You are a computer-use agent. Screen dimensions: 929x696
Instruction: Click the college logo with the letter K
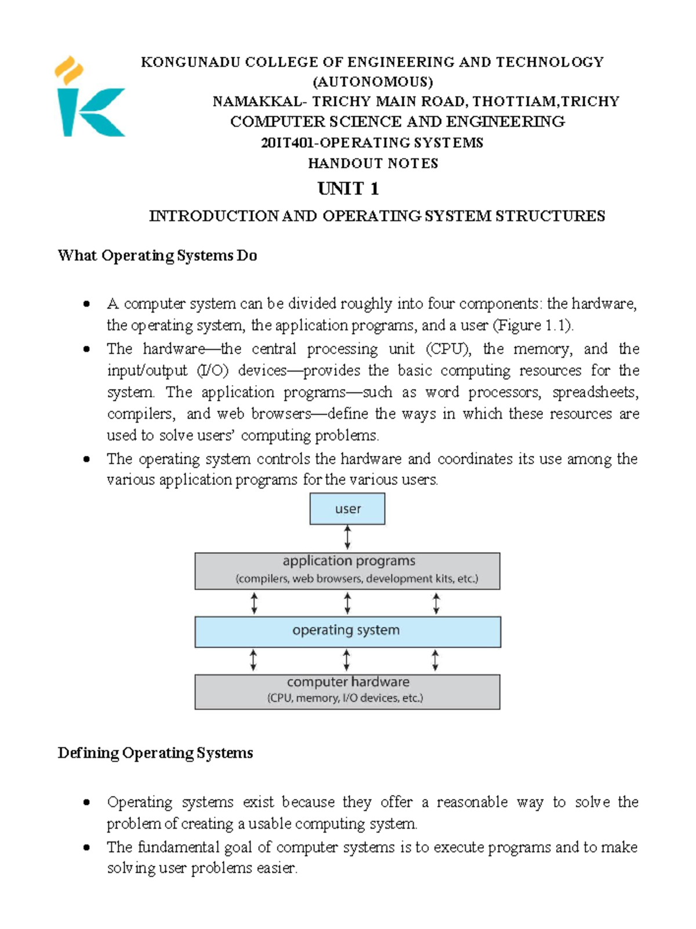(90, 99)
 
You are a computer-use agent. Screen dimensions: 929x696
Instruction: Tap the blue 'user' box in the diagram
(347, 509)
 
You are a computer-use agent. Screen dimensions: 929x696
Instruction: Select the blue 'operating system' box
(347, 632)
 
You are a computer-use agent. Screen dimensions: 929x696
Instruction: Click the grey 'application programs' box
(347, 571)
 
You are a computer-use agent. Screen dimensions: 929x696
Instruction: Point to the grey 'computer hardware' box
(347, 691)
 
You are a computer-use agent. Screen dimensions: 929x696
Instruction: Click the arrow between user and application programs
(347, 538)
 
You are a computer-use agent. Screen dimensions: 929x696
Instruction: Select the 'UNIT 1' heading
(348, 188)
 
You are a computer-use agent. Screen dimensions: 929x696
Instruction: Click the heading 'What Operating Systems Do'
(157, 256)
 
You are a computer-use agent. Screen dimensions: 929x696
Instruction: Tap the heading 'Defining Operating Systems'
(155, 753)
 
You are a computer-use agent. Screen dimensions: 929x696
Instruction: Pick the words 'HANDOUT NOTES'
(373, 164)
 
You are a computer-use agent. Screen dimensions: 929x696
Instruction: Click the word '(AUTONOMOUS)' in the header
(373, 81)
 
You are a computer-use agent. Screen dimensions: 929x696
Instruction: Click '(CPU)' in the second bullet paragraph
(448, 349)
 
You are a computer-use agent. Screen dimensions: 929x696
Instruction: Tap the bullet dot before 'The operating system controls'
(86, 459)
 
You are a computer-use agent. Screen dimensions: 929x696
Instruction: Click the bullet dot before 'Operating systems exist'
(86, 803)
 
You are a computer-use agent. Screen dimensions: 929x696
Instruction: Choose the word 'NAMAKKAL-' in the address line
(258, 101)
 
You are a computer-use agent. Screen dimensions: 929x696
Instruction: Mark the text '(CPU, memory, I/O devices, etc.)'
(346, 698)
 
